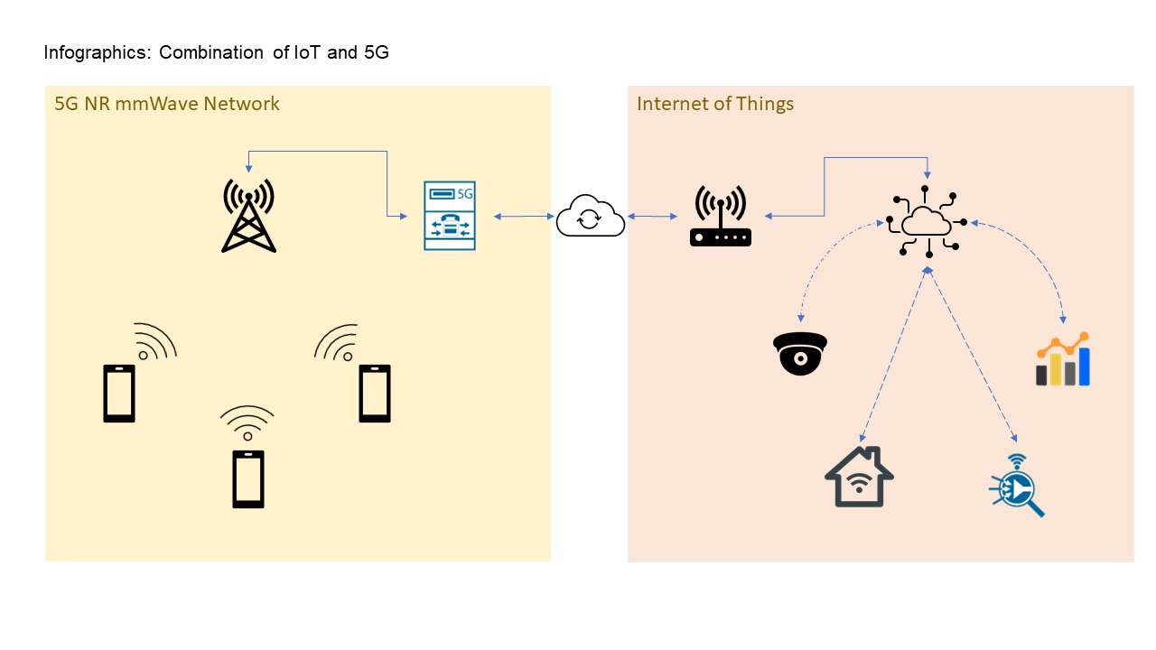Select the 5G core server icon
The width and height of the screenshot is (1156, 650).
coord(449,216)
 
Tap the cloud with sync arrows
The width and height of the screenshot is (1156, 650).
coord(590,217)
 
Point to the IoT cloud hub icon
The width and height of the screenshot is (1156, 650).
coord(927,222)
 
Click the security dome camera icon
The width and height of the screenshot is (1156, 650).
coord(800,353)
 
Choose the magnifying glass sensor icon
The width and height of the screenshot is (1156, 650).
coord(1017,486)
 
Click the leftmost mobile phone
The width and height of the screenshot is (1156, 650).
coord(119,394)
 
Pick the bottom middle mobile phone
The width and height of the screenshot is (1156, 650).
coord(248,478)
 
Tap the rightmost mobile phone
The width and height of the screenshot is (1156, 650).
coord(375,394)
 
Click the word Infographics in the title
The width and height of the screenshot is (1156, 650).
coord(97,52)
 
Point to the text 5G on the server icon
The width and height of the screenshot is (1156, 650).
coord(465,193)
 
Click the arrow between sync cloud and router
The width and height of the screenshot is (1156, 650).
coord(653,216)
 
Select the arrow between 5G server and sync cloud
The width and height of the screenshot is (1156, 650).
coord(524,216)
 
